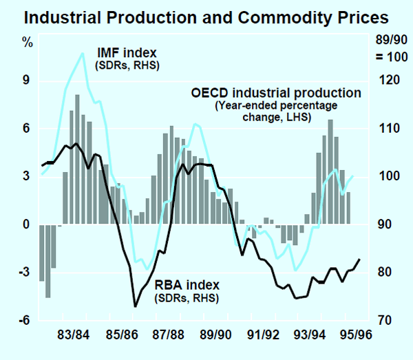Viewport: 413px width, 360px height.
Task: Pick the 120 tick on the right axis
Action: (390, 81)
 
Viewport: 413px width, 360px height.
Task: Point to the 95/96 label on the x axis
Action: (354, 337)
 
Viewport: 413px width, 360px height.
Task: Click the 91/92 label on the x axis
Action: (262, 337)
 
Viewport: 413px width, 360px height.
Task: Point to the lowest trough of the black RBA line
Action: (136, 306)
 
